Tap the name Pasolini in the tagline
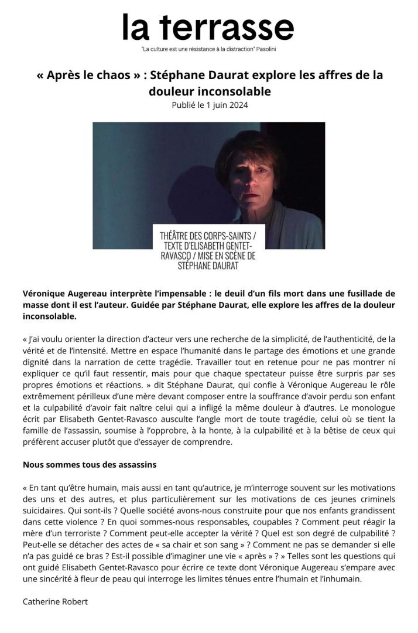265,49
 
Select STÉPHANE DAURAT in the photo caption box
208,266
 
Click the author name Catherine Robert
55,602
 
